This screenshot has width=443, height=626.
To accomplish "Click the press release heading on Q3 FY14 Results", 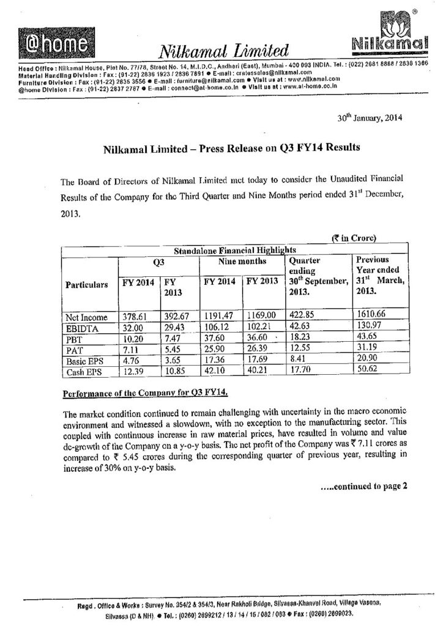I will click(x=230, y=148).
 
